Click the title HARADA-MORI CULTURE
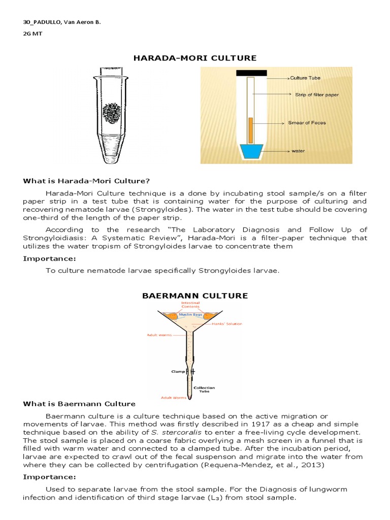(194, 58)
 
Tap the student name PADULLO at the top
(50, 23)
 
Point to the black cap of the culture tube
(251, 73)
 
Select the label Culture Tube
(306, 79)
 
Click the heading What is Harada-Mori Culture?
(86, 181)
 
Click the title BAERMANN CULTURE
(194, 296)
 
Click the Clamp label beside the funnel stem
(178, 371)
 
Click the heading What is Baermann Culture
(79, 404)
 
